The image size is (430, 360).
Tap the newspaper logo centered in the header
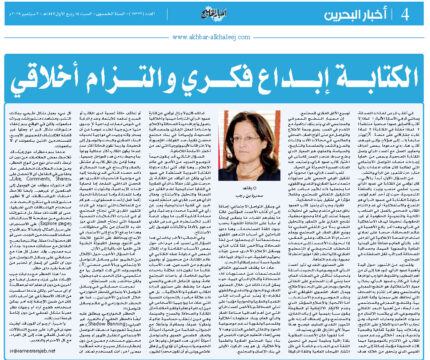click(x=213, y=13)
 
